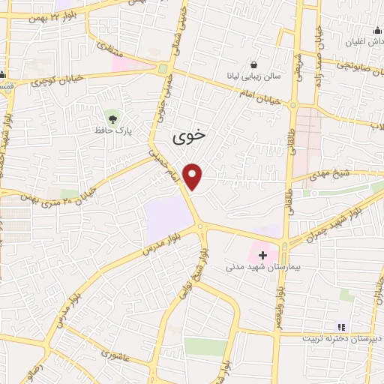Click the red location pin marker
193,176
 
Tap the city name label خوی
188,137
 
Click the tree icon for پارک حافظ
112,118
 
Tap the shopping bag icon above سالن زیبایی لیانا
256,64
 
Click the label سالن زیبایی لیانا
255,76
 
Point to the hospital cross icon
262,255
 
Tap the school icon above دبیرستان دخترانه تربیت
341,327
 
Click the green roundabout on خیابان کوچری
163,69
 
